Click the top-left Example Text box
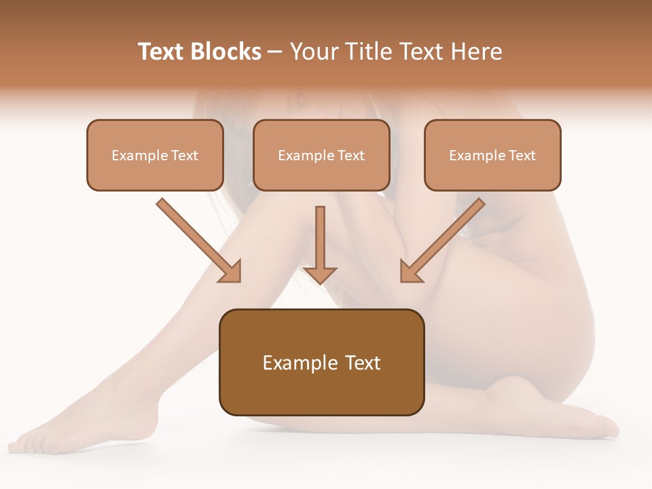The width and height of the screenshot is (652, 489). (155, 155)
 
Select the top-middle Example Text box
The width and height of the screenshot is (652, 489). (321, 155)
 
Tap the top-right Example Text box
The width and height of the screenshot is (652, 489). (492, 155)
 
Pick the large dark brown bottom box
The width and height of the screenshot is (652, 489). (321, 362)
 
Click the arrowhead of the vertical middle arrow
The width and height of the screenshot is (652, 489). (320, 274)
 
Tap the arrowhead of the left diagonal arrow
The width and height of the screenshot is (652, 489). (231, 271)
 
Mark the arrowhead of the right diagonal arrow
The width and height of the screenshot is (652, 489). (410, 271)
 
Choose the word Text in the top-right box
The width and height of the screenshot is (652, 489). (522, 156)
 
